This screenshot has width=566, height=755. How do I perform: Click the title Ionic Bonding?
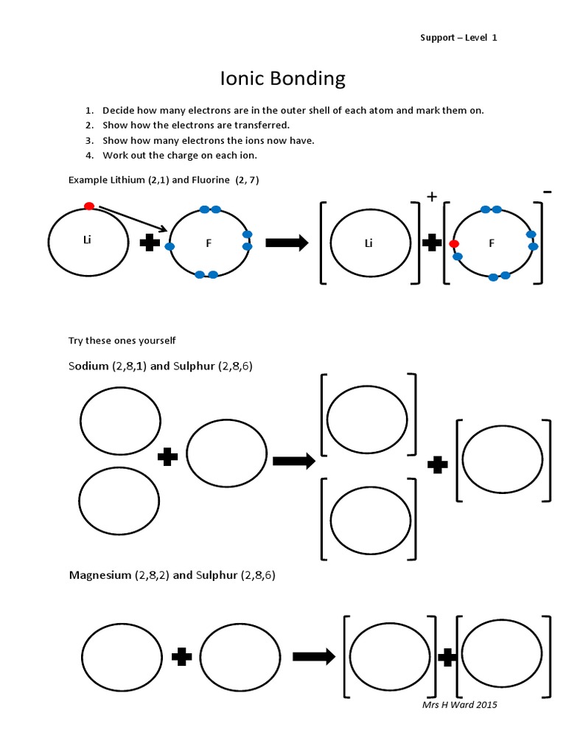click(283, 78)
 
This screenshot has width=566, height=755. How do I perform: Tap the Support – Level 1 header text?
click(458, 38)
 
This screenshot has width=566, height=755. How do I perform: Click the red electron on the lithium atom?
click(89, 206)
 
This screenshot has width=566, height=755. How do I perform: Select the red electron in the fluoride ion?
click(453, 244)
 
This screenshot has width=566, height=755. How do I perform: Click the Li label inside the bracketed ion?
click(368, 243)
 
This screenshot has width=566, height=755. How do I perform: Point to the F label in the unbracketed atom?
click(209, 243)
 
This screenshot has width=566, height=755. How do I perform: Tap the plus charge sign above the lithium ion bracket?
click(432, 197)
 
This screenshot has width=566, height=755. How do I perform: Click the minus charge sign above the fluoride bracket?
click(547, 192)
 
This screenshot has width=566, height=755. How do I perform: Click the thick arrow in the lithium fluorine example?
click(287, 244)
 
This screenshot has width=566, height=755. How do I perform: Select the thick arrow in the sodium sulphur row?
click(293, 462)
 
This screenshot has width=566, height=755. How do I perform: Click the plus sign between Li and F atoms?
click(150, 243)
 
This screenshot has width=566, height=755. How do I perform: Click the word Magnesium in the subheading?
click(99, 575)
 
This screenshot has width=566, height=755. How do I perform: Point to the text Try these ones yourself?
click(122, 340)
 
